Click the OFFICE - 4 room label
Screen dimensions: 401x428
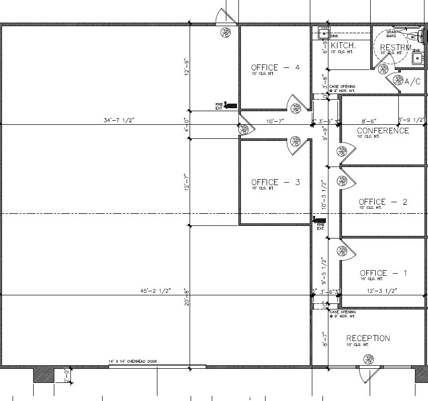[276, 68]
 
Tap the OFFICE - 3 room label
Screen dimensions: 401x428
[276, 182]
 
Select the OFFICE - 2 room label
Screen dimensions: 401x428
[383, 202]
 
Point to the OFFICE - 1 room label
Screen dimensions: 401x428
[383, 273]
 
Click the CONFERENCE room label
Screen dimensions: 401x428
[383, 131]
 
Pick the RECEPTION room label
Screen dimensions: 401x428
[368, 338]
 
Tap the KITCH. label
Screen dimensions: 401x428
[344, 45]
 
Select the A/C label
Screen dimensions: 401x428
[412, 82]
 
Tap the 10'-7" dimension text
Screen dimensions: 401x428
[276, 121]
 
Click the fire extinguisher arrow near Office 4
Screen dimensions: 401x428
[231, 105]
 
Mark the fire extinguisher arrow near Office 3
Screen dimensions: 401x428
[319, 220]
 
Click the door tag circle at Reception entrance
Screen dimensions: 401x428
[370, 359]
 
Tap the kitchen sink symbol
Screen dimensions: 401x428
[323, 34]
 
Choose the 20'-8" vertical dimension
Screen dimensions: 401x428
[186, 298]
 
